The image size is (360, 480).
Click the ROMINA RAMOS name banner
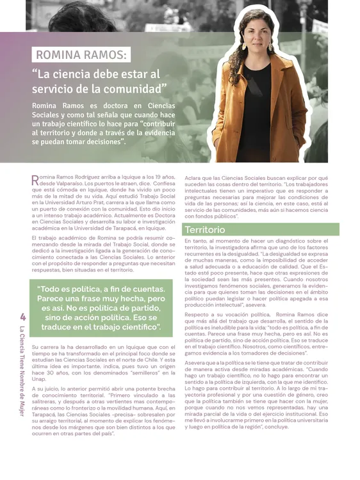83,55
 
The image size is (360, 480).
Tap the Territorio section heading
205,229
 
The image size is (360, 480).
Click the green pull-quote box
101,307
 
